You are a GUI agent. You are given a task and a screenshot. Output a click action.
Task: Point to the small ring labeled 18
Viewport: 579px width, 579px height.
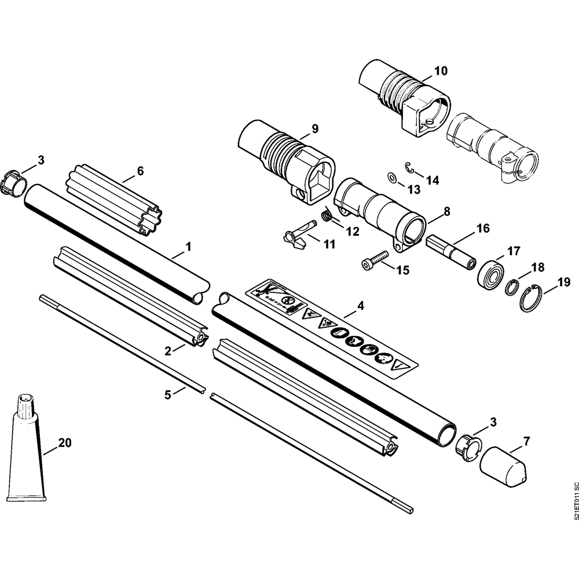[x=511, y=287]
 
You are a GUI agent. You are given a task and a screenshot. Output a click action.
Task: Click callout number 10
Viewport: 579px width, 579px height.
[x=441, y=72]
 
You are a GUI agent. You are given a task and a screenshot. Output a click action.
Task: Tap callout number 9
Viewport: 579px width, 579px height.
[x=315, y=129]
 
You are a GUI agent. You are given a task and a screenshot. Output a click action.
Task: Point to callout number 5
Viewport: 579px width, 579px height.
[x=167, y=395]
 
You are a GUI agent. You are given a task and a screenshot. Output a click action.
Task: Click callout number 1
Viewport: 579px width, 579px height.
[x=188, y=247]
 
